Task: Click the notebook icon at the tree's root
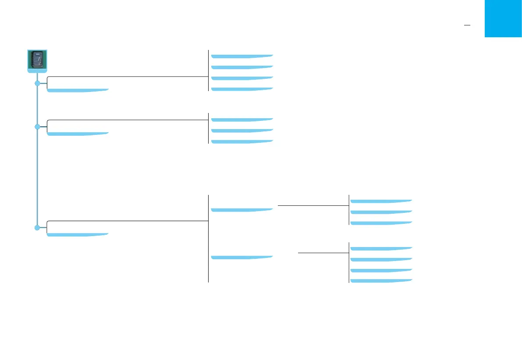pos(37,61)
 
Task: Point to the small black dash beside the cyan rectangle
pos(467,26)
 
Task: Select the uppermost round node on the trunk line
pos(37,82)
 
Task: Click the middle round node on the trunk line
pos(37,127)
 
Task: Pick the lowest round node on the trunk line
pos(37,228)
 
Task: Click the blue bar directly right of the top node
pos(78,90)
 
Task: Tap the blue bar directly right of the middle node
pos(78,134)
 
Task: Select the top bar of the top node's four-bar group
pos(242,56)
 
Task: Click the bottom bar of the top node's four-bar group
pos(242,89)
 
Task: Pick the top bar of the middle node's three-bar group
pos(242,120)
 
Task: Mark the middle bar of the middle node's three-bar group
pos(242,131)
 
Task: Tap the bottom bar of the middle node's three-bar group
pos(242,141)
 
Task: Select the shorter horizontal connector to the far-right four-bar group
pos(323,253)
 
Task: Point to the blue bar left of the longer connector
pos(242,210)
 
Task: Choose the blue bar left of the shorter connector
pos(242,257)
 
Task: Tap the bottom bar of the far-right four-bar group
pos(381,281)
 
